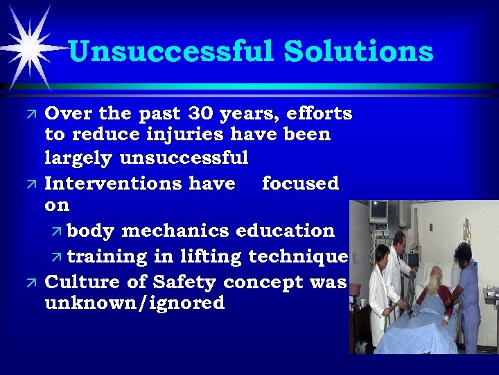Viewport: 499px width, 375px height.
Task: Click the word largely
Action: click(x=79, y=158)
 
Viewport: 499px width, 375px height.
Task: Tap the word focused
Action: click(x=300, y=183)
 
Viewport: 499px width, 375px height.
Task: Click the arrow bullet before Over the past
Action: click(x=29, y=114)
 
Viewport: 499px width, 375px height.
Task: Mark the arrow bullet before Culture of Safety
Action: click(x=29, y=283)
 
